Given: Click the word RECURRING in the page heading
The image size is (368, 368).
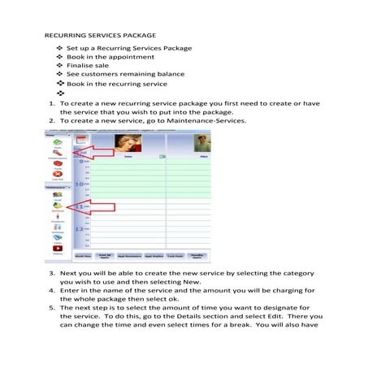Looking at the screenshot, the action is point(64,37).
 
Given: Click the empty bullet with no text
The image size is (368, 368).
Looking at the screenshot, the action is point(59,94).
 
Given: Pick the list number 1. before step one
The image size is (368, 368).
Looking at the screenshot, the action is point(51,104).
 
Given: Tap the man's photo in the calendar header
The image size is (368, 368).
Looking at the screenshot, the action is point(201,145).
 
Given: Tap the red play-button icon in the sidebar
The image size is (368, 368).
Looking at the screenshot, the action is point(58,249).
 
